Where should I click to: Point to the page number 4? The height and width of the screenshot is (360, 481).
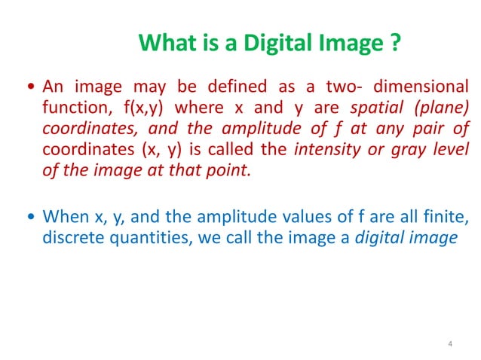point(449,345)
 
